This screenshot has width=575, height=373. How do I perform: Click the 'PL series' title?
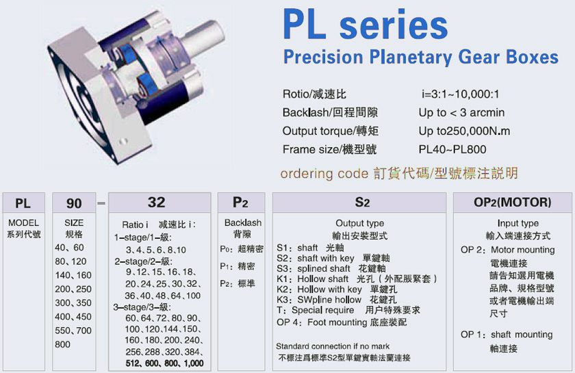[366, 25]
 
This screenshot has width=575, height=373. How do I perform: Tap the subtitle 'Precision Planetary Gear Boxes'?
[420, 57]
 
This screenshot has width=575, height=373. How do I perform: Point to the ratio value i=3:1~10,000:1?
[460, 94]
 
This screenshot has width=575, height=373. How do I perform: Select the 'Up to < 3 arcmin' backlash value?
[461, 113]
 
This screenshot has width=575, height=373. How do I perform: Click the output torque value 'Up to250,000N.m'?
[464, 131]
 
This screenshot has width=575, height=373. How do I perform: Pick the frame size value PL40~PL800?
[452, 149]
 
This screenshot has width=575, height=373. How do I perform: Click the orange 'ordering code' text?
[324, 173]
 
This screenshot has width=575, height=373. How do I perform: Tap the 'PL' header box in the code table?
[24, 203]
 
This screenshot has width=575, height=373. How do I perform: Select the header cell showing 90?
[74, 203]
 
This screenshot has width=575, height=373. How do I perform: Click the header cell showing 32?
[159, 203]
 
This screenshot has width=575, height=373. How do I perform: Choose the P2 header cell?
[241, 203]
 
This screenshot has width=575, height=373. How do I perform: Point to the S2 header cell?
[359, 203]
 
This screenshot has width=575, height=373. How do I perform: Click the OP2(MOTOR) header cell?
[512, 203]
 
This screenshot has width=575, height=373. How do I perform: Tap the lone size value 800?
[63, 344]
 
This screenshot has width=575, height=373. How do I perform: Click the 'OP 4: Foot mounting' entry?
[342, 322]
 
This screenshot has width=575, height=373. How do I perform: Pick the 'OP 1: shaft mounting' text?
[507, 335]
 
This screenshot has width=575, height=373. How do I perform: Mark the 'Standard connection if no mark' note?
[333, 346]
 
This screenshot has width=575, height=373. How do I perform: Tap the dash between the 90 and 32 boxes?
[102, 203]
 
